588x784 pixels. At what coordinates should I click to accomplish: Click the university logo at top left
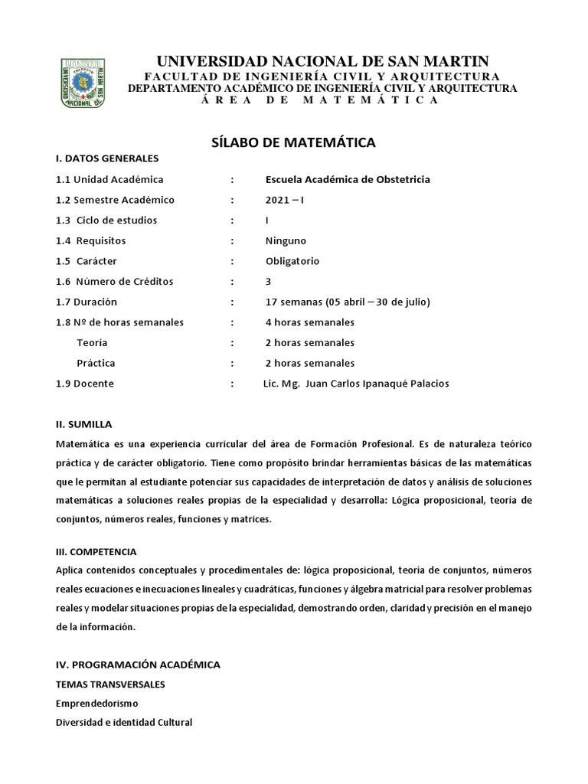(82, 82)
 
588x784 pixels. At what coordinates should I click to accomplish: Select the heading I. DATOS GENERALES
(106, 158)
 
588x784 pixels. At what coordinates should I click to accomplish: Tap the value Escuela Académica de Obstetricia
(348, 179)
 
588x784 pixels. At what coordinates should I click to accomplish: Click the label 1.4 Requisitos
(90, 240)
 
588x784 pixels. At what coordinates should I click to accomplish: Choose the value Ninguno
(286, 240)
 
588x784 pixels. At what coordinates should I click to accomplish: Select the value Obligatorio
(292, 261)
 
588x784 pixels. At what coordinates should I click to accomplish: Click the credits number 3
(268, 281)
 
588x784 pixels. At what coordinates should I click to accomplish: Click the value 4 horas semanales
(310, 322)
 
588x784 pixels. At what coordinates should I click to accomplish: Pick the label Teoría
(92, 342)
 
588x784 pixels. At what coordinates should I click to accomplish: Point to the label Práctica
(96, 363)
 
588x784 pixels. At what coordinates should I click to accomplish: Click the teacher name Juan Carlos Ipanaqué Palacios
(377, 384)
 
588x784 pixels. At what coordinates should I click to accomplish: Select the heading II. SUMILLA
(84, 423)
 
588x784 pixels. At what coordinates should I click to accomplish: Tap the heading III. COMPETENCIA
(96, 550)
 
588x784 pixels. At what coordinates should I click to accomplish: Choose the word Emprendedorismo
(97, 702)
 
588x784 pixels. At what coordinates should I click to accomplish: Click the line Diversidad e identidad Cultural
(124, 722)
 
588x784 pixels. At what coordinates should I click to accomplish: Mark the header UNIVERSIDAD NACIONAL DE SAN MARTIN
(322, 61)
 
